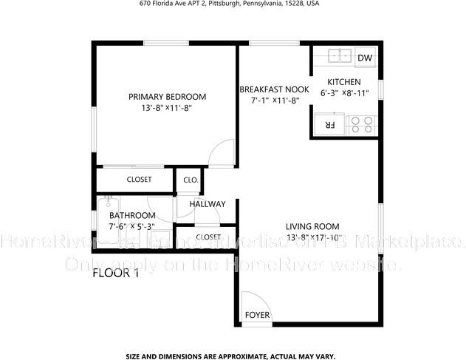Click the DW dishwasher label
coord(364,58)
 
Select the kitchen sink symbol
coord(339,56)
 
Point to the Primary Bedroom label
coord(167,97)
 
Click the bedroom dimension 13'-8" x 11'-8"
coord(167,109)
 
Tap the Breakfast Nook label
coord(274,89)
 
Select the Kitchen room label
coord(344,82)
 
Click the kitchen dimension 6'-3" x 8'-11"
coord(344,94)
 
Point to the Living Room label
coord(312,226)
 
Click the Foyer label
coord(257,316)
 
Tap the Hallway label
coord(208,204)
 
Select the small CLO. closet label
coord(191,180)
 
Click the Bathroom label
coord(132,216)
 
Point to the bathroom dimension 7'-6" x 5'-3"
coord(132,227)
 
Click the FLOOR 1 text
coord(115,274)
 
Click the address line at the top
coord(230,4)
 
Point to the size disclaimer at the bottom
coord(230,355)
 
